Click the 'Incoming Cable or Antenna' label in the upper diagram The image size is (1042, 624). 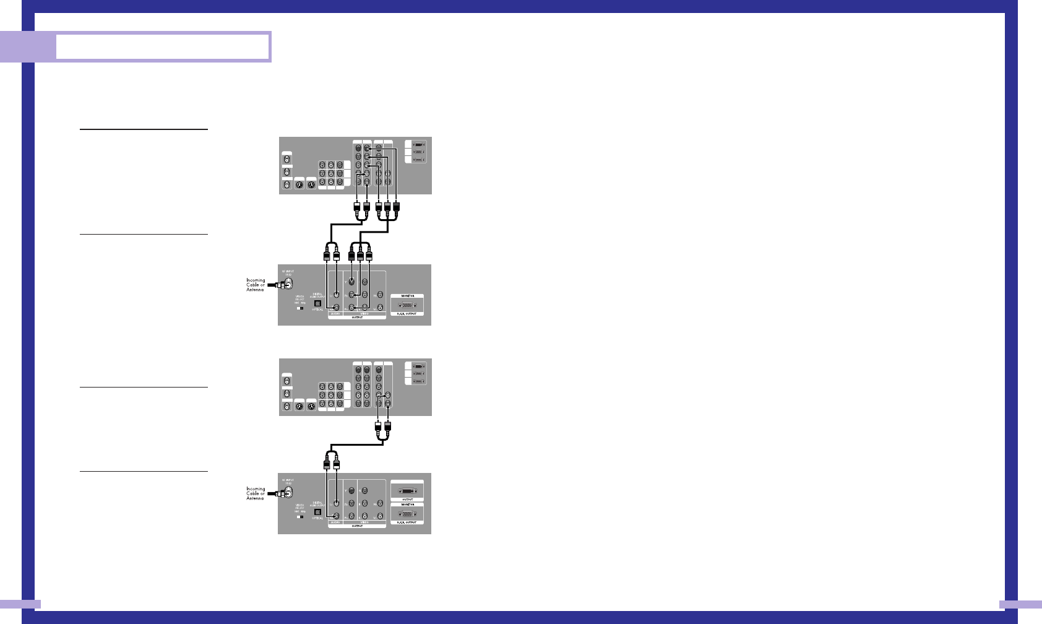256,285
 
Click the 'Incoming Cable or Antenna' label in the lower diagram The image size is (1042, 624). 256,493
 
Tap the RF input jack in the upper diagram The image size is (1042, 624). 288,284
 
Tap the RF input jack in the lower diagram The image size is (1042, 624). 288,493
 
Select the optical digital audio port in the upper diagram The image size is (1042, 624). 319,304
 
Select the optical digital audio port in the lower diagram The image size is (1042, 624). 319,513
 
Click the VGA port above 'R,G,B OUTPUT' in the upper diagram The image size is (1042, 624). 407,305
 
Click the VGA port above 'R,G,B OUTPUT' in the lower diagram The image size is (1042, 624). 407,514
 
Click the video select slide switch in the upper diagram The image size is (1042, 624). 300,308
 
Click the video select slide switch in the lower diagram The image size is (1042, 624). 300,517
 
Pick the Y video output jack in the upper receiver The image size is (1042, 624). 351,282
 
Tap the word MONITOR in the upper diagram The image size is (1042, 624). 407,296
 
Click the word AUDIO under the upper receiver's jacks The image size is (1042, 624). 335,314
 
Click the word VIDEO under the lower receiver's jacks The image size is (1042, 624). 364,522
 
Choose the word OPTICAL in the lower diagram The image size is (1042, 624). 317,518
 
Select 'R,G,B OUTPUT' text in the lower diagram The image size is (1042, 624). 407,522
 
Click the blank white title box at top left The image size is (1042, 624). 163,46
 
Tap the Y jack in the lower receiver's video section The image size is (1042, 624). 351,491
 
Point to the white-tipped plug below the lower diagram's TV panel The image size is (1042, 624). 378,427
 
